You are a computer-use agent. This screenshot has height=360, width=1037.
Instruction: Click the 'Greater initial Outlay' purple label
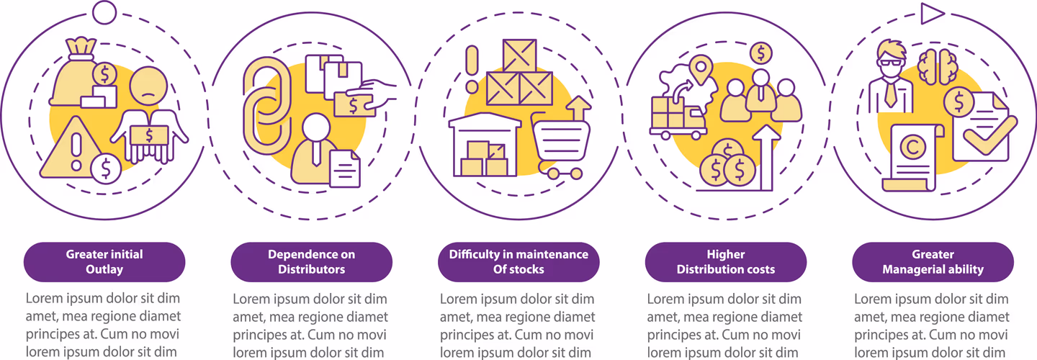click(x=104, y=262)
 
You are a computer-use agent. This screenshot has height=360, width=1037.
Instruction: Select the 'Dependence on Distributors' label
click(x=312, y=262)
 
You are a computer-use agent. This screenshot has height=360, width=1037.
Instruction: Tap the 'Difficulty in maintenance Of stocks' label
click(x=518, y=262)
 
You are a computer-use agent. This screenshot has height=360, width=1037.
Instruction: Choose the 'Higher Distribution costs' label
click(x=726, y=262)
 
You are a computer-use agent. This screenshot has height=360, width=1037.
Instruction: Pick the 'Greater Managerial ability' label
click(x=933, y=262)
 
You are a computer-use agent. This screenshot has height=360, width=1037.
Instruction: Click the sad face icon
click(x=148, y=86)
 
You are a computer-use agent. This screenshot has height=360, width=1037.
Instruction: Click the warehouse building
click(x=485, y=145)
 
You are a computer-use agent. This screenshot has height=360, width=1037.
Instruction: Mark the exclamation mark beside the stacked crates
click(x=472, y=69)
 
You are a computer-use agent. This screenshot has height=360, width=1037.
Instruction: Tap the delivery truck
click(x=678, y=117)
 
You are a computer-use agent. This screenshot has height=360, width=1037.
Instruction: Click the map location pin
click(x=701, y=69)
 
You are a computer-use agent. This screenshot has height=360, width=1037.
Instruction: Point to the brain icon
click(x=938, y=67)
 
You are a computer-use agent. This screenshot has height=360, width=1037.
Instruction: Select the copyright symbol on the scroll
click(x=912, y=148)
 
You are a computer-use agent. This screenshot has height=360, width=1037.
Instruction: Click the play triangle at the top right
click(x=931, y=13)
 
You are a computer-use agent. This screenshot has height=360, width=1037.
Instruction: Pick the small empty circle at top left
click(x=104, y=12)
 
